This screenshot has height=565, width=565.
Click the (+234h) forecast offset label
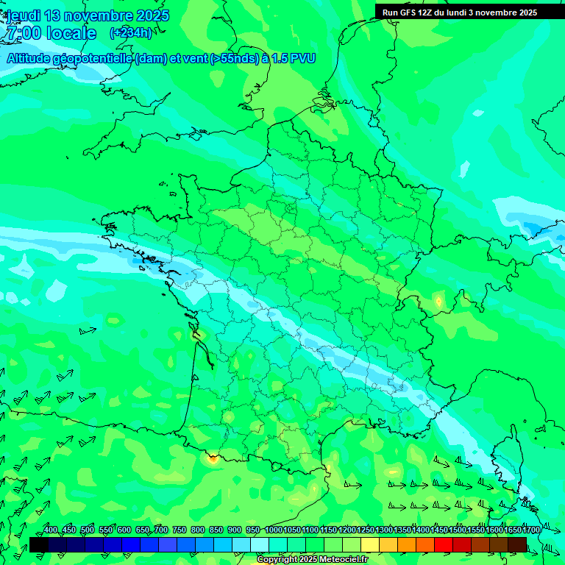[x=130, y=32]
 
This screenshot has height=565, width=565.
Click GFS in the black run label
[x=408, y=13]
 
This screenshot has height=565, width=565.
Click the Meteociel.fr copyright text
[x=339, y=560]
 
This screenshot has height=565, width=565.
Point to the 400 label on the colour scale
[x=51, y=530]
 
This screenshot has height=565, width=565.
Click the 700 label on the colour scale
[x=160, y=530]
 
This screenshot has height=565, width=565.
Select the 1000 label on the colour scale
[x=274, y=530]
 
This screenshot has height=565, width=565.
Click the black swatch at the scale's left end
[x=39, y=544]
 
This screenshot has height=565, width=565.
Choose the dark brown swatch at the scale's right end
[x=517, y=544]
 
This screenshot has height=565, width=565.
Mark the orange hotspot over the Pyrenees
[x=213, y=459]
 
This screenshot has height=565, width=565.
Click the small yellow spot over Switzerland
[x=439, y=301]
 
